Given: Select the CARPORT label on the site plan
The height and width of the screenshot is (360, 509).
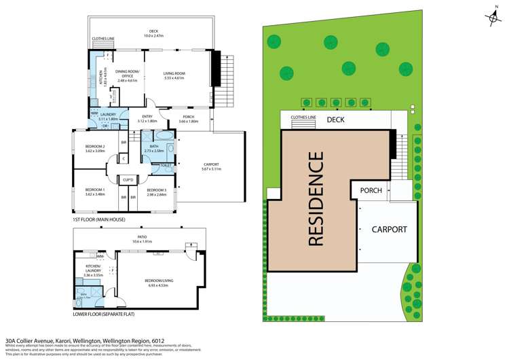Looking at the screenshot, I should [x=389, y=229].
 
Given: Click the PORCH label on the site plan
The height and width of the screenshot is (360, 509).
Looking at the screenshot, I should [x=371, y=190].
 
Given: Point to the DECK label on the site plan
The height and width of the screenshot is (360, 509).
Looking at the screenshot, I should [x=335, y=120].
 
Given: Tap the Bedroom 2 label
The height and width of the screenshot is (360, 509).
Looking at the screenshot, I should [x=95, y=147].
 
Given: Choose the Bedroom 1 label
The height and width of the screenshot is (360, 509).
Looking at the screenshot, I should [x=95, y=190].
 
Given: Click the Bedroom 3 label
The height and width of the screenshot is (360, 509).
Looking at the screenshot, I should [x=157, y=190].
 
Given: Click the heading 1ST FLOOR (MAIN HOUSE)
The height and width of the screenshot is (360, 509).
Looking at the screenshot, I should [x=101, y=221].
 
